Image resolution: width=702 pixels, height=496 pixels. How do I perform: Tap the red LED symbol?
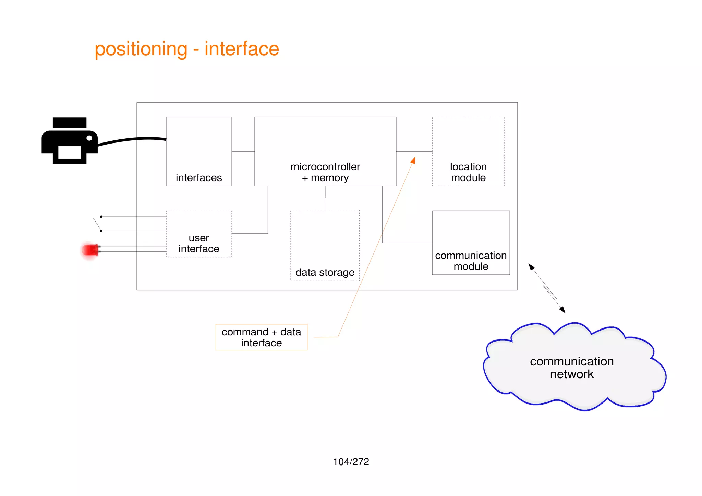[x=90, y=250]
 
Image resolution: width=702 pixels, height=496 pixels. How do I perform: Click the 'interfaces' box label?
[x=199, y=178]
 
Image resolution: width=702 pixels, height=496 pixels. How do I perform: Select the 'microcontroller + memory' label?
[x=325, y=172]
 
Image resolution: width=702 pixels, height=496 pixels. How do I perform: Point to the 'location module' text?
[x=468, y=172]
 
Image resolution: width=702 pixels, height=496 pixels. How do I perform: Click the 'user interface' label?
[x=199, y=243]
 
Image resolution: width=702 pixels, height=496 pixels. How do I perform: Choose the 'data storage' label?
[x=325, y=272]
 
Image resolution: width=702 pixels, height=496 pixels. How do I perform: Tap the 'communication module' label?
[x=471, y=261]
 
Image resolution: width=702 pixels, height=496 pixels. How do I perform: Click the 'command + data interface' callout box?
[x=261, y=337]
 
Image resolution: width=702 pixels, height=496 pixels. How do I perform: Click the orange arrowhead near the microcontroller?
[x=413, y=160]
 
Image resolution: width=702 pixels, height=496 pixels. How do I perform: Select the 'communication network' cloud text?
[x=572, y=368]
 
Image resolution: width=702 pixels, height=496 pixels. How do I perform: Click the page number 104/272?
[x=351, y=462]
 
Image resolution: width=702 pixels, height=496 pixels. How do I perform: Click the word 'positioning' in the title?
[x=141, y=49]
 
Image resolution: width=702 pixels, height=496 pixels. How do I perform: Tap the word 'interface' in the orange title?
[x=242, y=49]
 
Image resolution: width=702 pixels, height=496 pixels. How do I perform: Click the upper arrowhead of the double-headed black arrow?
[x=531, y=267]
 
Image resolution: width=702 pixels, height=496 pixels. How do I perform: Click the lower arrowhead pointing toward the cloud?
[x=562, y=310]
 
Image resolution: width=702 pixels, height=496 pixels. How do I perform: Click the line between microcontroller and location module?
[x=414, y=151]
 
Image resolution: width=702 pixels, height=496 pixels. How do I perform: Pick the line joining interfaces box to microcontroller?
[x=243, y=151]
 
